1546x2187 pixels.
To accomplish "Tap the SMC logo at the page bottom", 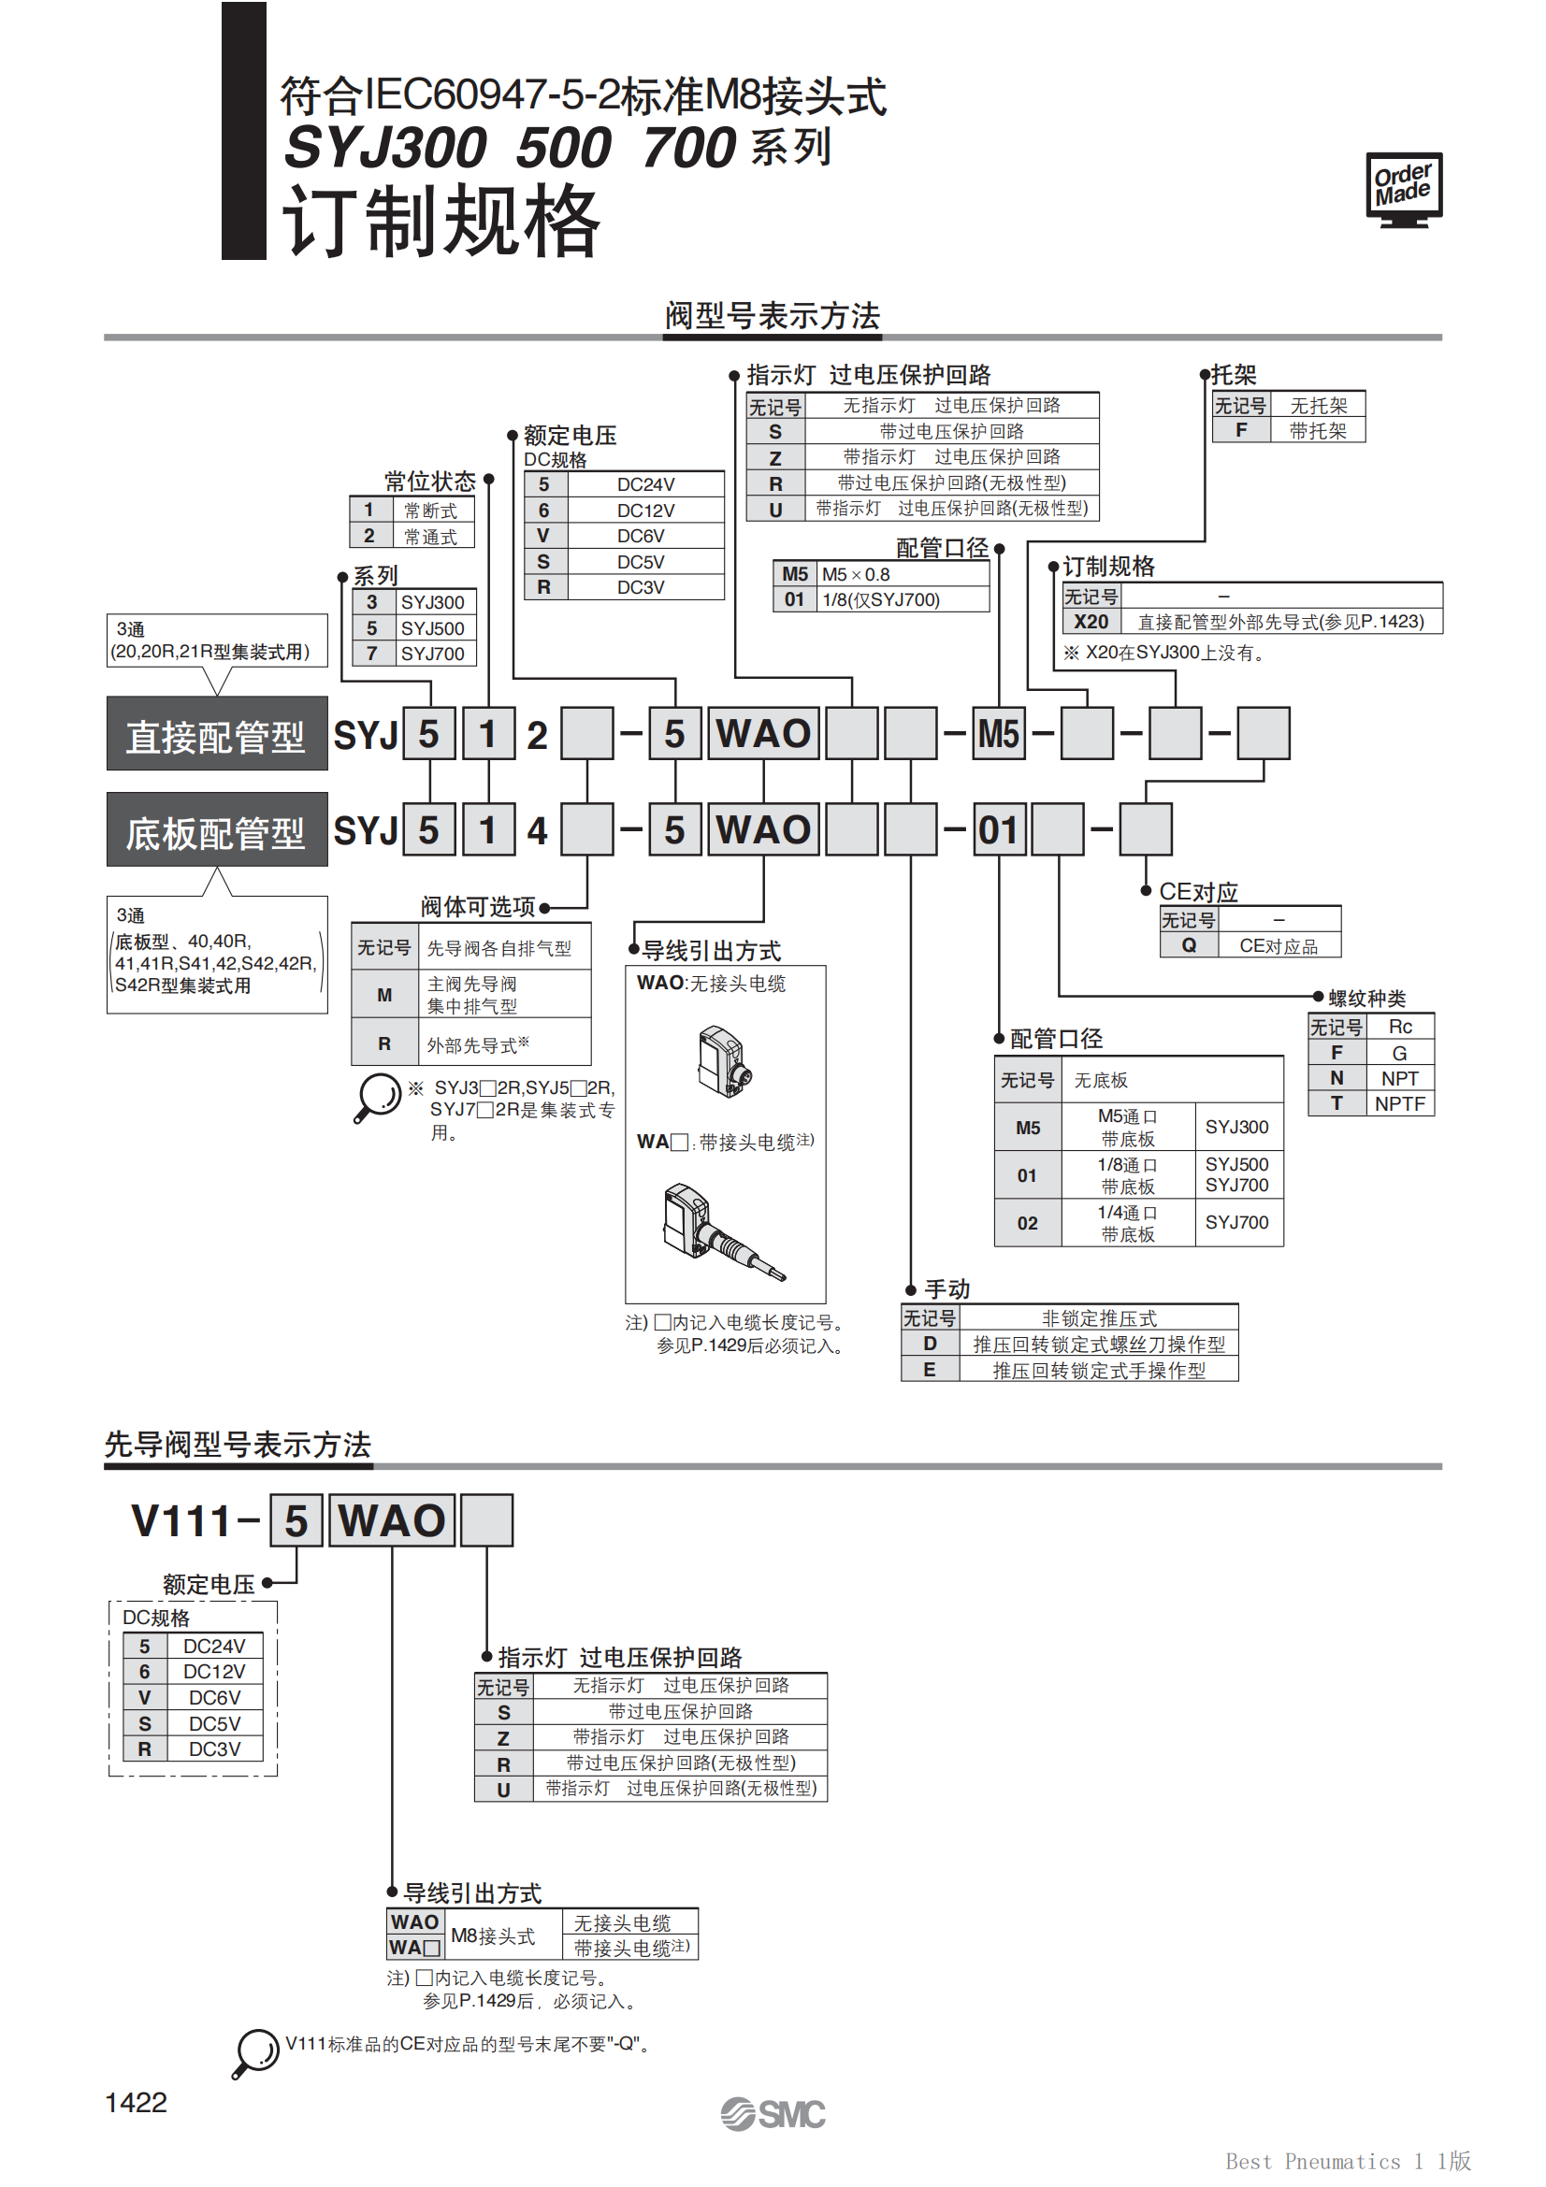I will click(773, 2114).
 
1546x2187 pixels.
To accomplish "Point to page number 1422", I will click(136, 2102).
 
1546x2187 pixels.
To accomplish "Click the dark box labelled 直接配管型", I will click(217, 733).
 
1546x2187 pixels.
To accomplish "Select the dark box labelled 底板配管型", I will click(217, 829).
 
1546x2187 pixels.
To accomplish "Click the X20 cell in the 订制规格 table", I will click(1091, 622).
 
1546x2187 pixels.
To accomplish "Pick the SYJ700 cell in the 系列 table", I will click(432, 654).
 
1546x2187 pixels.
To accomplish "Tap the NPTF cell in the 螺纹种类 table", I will click(1399, 1104).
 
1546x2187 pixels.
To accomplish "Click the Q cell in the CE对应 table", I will click(1189, 945).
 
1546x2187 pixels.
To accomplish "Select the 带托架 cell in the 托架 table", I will click(1318, 430).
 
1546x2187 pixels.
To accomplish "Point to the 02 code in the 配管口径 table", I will click(1027, 1223).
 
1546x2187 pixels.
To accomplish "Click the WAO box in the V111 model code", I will click(392, 1520).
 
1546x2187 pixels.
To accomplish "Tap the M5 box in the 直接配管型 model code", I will click(998, 733).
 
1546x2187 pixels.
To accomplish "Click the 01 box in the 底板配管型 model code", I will click(998, 829).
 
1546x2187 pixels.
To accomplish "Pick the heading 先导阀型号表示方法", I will click(238, 1444).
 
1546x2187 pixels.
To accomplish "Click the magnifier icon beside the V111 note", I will click(255, 2051).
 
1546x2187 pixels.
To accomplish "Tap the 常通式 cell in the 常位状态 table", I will click(430, 537).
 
